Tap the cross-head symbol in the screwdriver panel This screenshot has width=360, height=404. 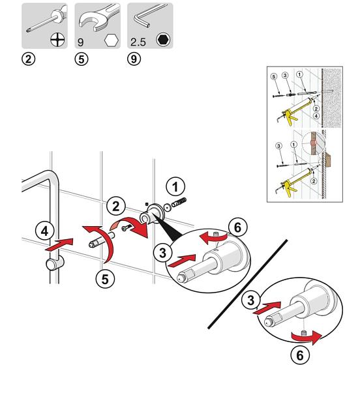coord(57,40)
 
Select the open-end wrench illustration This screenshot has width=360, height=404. coord(99,18)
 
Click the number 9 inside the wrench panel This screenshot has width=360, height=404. coord(80,42)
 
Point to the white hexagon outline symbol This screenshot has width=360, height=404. coord(112,40)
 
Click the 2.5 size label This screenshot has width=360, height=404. coord(138,42)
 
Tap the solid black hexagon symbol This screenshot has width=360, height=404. coord(163,40)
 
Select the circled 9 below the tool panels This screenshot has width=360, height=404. coord(134,59)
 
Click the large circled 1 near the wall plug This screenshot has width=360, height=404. coord(175,186)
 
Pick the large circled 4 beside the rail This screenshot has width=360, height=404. coord(45,231)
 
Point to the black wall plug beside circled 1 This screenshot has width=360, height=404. coord(179,203)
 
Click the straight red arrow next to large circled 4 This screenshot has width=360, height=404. coord(59,245)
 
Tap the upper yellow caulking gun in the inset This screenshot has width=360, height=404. coord(297,110)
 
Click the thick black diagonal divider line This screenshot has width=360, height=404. coord(248,284)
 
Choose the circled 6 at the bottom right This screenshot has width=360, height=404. coord(300,356)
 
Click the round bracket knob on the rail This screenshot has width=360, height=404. coord(54,264)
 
